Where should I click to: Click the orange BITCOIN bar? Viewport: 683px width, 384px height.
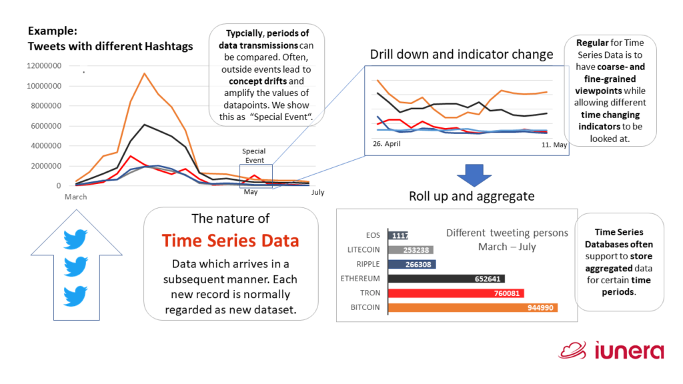(x=472, y=307)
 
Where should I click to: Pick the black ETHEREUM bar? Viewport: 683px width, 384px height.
(x=446, y=279)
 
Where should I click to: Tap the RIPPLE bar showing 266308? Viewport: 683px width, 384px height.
(x=412, y=264)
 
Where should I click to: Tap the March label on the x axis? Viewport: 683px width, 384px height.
(x=75, y=197)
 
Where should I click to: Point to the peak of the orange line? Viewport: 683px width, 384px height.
(x=144, y=73)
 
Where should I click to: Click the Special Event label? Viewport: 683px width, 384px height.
(x=253, y=155)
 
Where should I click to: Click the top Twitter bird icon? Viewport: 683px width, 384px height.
(x=75, y=239)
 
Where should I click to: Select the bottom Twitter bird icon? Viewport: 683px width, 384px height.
(x=75, y=294)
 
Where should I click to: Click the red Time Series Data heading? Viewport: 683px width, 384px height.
(x=230, y=241)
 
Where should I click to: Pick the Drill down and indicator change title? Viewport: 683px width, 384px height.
(x=461, y=54)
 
